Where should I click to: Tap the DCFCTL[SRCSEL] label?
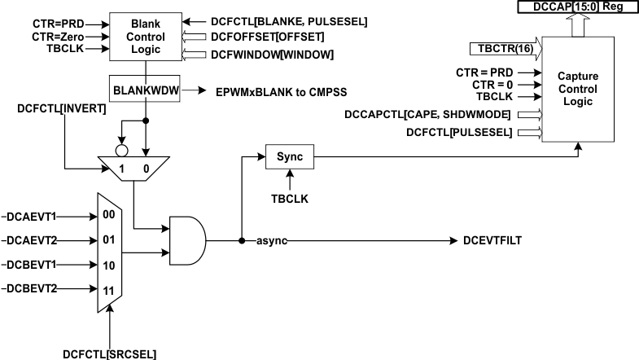[109, 353]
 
